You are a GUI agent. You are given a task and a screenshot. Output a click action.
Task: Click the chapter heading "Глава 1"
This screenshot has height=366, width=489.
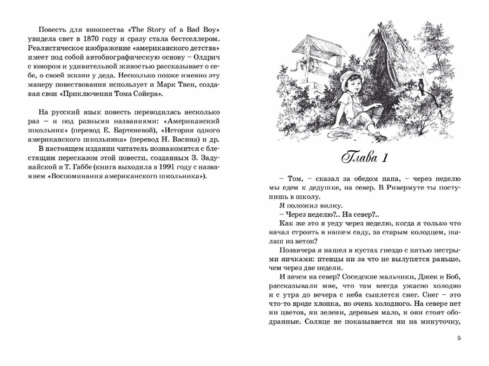coord(365,157)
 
